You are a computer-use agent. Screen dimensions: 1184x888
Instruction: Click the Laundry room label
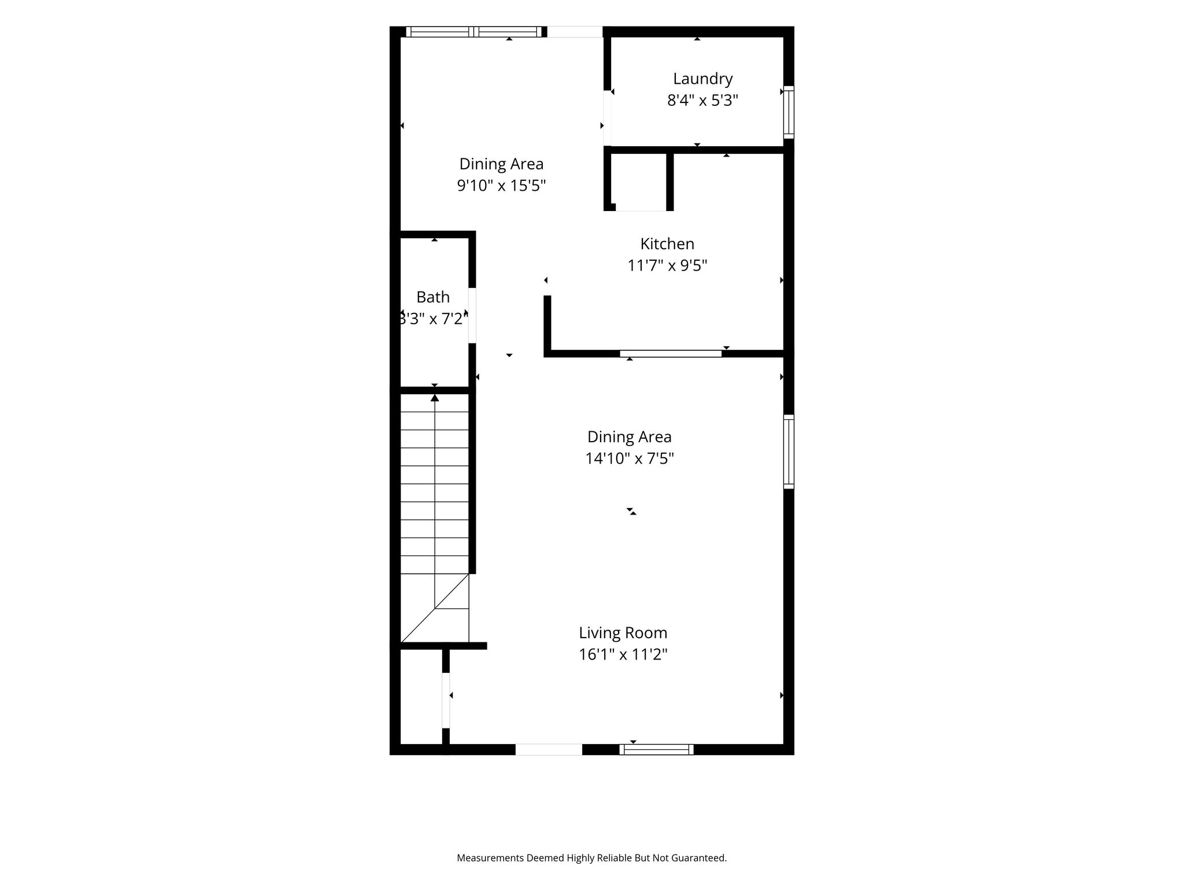(702, 79)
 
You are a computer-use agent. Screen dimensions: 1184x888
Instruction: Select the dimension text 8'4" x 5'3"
(702, 101)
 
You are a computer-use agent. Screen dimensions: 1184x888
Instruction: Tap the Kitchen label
(667, 243)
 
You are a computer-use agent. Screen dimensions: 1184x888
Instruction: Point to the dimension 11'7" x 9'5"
(667, 265)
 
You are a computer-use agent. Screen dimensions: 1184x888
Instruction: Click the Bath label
(433, 297)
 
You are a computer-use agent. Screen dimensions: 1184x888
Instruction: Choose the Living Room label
(623, 633)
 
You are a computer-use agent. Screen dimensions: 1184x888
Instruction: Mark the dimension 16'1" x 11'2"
(623, 654)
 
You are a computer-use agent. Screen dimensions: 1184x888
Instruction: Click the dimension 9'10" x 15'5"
(501, 186)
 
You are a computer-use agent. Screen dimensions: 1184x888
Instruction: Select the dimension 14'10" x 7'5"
(630, 458)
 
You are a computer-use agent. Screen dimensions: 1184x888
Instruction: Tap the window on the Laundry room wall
(789, 112)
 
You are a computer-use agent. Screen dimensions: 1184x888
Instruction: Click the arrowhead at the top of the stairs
(435, 397)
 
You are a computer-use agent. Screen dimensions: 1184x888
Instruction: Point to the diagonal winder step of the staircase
(434, 608)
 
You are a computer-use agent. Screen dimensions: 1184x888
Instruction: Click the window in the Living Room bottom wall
(656, 749)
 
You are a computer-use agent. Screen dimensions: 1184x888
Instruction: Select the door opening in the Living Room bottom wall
(549, 749)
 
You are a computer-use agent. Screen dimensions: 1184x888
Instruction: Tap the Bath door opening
(472, 315)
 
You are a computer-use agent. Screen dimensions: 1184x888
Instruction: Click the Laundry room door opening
(607, 118)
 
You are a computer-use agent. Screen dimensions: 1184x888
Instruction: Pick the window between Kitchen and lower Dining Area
(671, 353)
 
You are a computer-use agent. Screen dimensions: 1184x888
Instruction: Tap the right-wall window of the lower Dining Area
(789, 452)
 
